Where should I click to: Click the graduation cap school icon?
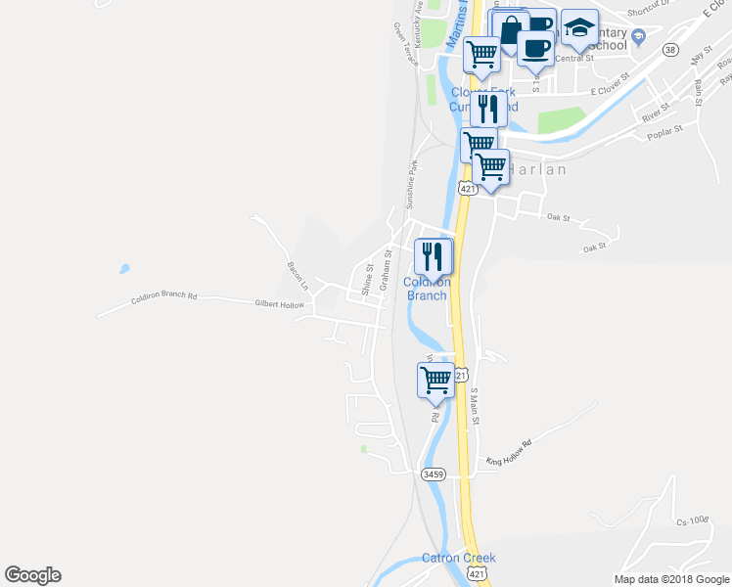(x=579, y=29)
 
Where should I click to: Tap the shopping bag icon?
(x=510, y=29)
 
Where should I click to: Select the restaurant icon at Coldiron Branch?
(x=433, y=257)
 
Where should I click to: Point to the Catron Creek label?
(x=458, y=559)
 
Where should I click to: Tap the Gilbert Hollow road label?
(x=279, y=305)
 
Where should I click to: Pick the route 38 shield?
(x=669, y=49)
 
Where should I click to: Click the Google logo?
(x=32, y=575)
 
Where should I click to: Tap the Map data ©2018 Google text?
(x=670, y=579)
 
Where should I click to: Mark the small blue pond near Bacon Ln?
(x=123, y=268)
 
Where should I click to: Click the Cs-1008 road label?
(x=691, y=519)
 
